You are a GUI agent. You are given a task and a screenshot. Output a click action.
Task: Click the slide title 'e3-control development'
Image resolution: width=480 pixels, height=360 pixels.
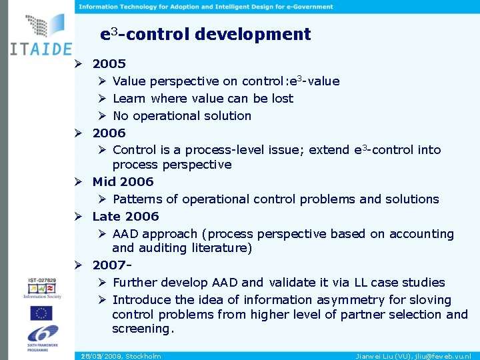(205, 34)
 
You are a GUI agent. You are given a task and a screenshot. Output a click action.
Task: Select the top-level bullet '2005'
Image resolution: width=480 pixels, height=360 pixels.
(109, 64)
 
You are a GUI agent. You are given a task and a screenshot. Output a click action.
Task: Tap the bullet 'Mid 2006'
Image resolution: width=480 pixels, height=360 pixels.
(123, 181)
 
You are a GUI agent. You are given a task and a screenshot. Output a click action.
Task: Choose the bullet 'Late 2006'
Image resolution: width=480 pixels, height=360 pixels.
(125, 216)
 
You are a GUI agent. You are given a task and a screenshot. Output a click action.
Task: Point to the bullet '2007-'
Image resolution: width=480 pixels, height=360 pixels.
(111, 265)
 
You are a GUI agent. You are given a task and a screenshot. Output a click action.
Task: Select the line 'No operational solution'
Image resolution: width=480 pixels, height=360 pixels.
(181, 116)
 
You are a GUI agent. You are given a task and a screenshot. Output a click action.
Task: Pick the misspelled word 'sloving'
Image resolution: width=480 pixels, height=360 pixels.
(430, 300)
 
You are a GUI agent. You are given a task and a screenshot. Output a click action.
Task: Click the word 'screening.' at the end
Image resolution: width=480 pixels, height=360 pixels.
(143, 329)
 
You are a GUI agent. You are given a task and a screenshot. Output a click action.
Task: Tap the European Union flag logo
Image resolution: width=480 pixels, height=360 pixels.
(41, 313)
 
